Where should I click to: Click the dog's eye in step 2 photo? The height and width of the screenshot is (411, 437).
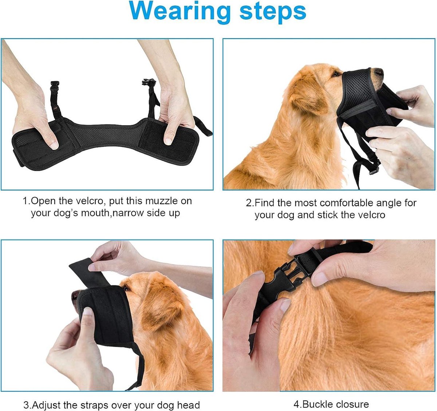click(336, 74)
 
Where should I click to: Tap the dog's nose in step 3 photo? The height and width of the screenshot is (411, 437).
click(75, 296)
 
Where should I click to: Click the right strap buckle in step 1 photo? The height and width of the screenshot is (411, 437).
click(149, 82)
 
